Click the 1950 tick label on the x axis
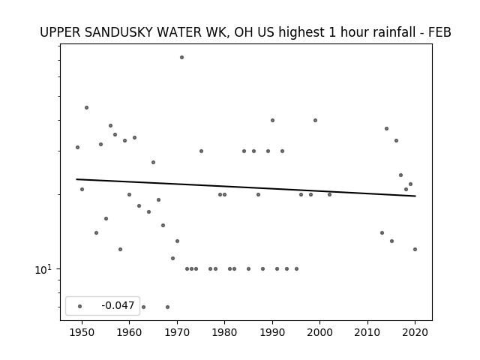82,332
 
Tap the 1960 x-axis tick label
129,332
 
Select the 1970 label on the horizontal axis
177,332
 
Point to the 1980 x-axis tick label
225,332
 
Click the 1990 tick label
272,332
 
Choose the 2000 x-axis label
320,332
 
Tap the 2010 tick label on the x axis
367,332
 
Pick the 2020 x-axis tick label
415,332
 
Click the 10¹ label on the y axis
43,269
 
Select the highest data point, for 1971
181,57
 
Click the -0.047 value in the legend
118,305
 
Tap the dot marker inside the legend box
80,306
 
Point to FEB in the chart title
440,32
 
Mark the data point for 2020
415,249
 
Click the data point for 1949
77,147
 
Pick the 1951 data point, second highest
87,107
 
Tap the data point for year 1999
315,120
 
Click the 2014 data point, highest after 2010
387,128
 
